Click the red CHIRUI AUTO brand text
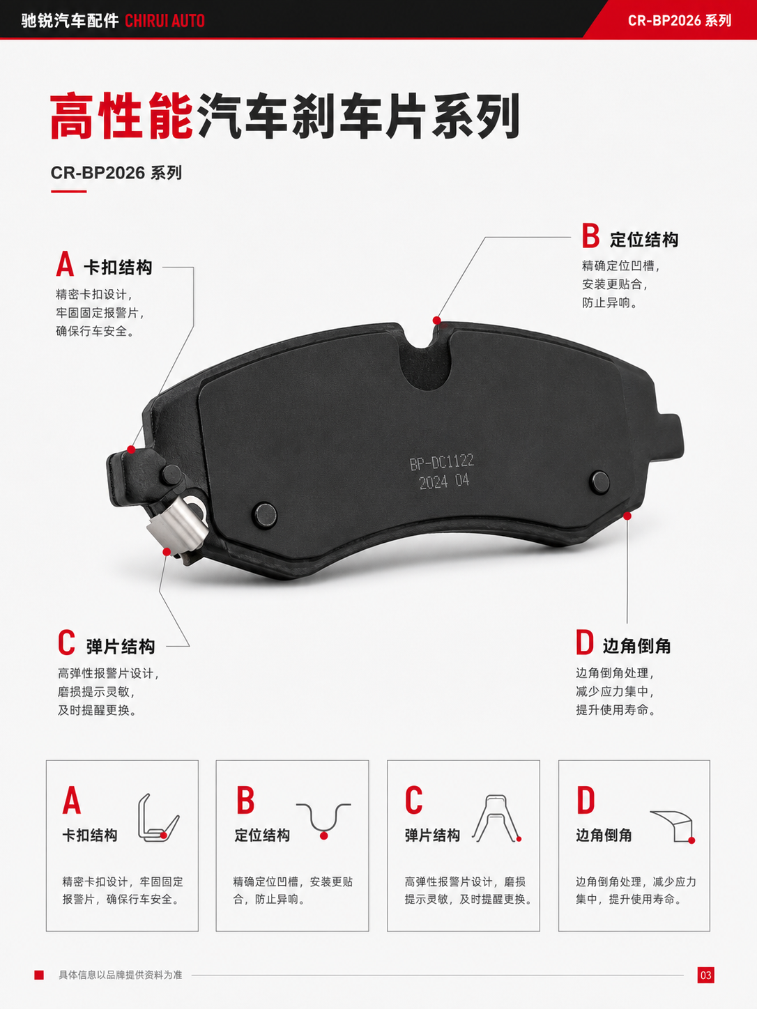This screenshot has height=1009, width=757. tap(165, 21)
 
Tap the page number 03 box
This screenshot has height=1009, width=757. tap(705, 975)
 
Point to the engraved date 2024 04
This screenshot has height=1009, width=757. tap(444, 482)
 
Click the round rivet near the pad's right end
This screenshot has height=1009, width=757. tap(599, 482)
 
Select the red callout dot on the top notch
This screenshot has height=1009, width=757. tap(436, 320)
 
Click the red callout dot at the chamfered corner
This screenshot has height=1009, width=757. tap(627, 516)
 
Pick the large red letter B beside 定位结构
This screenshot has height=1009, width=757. tap(590, 236)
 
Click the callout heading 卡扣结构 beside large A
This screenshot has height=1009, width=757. tap(118, 267)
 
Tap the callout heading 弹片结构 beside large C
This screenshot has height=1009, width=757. tap(121, 647)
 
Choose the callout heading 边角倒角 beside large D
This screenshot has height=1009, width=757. tap(636, 646)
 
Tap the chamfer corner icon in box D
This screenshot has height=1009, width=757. tap(672, 827)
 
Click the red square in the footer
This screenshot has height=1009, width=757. tap(39, 975)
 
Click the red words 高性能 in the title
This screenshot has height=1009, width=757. tap(121, 116)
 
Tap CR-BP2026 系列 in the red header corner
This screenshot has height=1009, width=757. tap(680, 21)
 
